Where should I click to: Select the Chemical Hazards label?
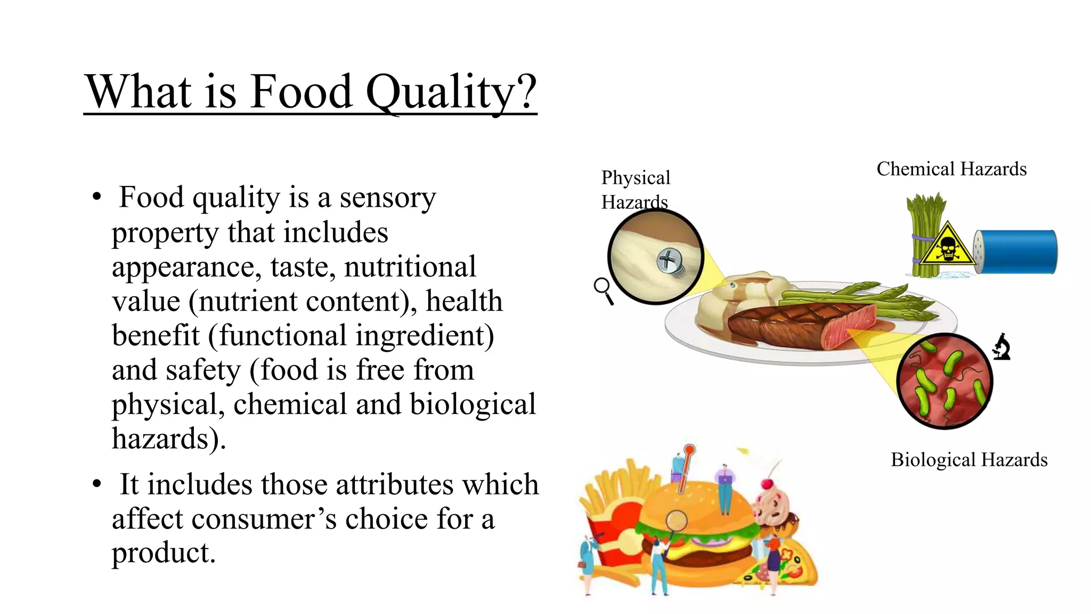tap(951, 169)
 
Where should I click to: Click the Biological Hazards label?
tap(969, 459)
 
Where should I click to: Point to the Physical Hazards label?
tap(635, 189)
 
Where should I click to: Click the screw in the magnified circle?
tap(670, 261)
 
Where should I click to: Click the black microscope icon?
tap(1002, 347)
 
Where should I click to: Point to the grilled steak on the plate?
tap(799, 325)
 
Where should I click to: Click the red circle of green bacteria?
tap(945, 381)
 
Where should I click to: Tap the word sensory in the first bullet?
tap(388, 198)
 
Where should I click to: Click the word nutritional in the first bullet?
tap(410, 266)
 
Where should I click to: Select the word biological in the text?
tap(473, 404)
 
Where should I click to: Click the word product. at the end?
tap(164, 552)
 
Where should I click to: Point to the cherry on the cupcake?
tap(767, 484)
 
